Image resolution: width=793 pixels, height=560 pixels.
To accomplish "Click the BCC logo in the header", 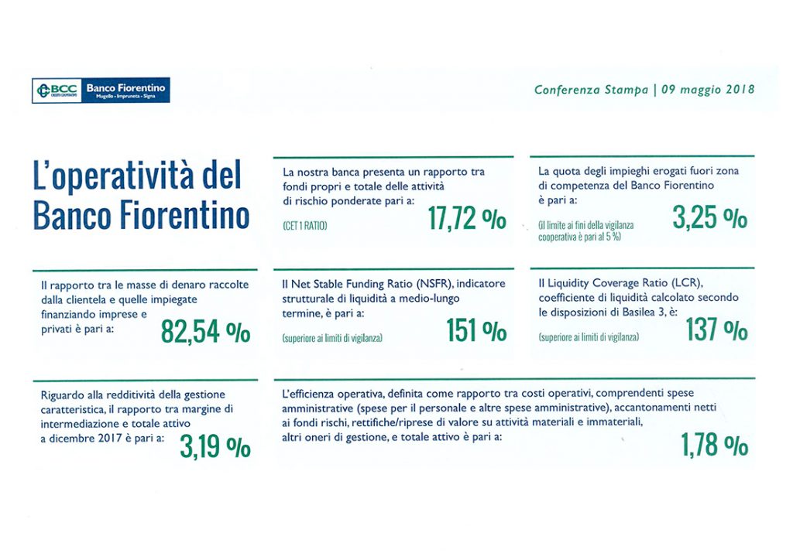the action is coord(57,90).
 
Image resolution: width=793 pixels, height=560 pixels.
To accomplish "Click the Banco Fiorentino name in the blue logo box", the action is coord(125,88).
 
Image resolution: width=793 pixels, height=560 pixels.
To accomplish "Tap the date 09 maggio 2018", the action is coord(708,90).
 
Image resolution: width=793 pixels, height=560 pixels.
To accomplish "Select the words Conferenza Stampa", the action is coord(591,90).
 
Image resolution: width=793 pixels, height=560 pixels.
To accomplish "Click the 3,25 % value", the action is coord(709,217).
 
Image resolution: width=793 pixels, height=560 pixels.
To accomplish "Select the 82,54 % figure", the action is coord(205,332).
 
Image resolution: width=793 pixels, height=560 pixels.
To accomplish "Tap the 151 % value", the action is coord(476,330).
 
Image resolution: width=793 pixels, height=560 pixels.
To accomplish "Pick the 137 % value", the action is coord(716,330).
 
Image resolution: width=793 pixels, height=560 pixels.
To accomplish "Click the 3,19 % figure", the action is coord(215,446).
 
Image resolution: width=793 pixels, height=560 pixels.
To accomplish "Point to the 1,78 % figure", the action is coord(714,445).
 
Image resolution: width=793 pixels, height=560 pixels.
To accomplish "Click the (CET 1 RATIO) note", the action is coord(305,226).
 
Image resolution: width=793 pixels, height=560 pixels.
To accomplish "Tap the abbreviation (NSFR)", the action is coord(435,283).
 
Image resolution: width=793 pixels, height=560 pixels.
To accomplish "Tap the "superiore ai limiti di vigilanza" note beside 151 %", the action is coord(332,338).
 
